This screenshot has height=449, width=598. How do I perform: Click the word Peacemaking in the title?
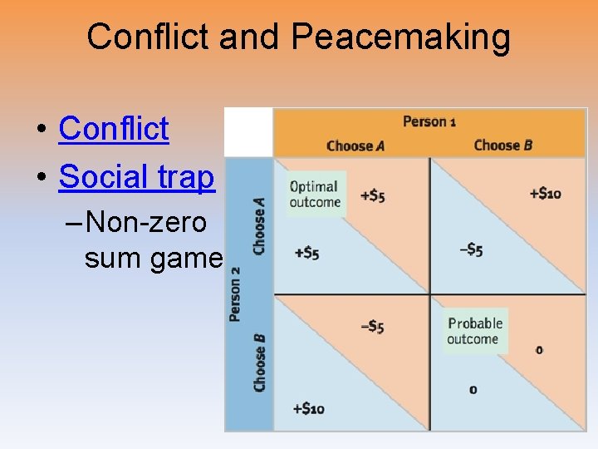(x=401, y=37)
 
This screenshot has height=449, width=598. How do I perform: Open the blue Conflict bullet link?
(x=114, y=129)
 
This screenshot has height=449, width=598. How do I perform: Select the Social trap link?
(x=136, y=177)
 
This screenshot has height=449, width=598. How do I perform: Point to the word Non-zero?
(x=146, y=223)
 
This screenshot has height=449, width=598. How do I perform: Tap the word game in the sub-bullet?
(x=193, y=259)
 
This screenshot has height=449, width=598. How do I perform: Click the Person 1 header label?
(x=429, y=121)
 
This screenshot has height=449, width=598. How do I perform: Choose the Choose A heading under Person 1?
(x=355, y=146)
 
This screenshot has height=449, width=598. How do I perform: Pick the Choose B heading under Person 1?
(x=503, y=146)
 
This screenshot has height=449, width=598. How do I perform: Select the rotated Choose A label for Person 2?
(x=260, y=225)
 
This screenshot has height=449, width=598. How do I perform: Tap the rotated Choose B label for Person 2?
(x=260, y=362)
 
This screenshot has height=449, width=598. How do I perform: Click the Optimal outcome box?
(x=315, y=195)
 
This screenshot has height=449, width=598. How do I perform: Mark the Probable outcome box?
(x=475, y=331)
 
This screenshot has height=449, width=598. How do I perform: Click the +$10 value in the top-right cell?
(x=545, y=194)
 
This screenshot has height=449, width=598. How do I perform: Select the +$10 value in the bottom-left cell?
(x=308, y=408)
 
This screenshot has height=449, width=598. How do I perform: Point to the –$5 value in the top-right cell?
(x=471, y=249)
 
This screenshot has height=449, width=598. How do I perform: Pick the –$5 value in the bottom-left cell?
(x=372, y=327)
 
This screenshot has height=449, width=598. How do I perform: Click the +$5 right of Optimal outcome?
(x=372, y=196)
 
